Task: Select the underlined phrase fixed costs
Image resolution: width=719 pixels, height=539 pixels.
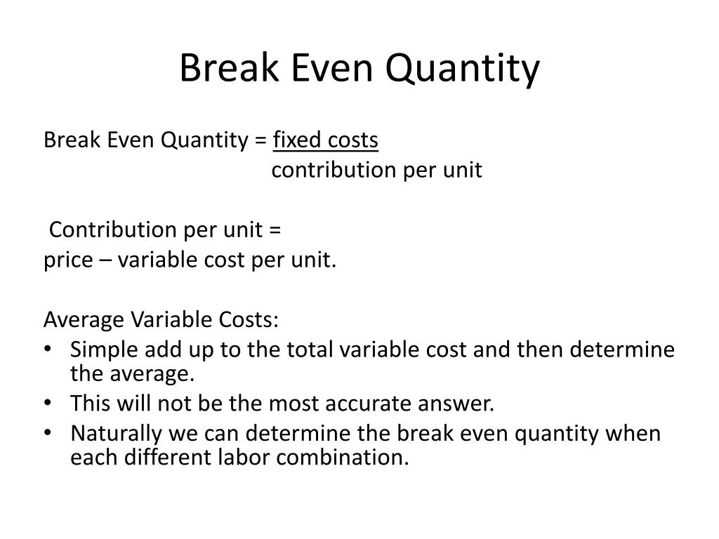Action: [326, 141]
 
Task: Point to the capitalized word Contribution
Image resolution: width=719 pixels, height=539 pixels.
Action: [114, 230]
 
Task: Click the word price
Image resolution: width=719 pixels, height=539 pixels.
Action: [67, 260]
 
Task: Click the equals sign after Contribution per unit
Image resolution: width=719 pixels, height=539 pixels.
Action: [275, 230]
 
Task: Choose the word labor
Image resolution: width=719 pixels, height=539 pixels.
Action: [246, 458]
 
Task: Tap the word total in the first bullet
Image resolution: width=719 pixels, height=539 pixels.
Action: [338, 350]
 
